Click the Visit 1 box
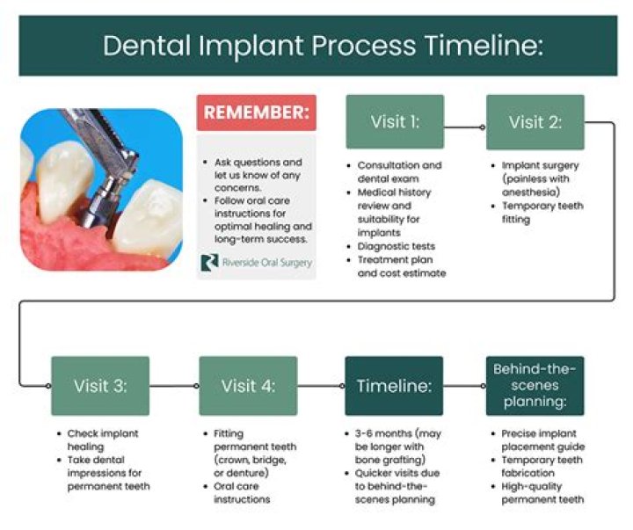tap(395, 122)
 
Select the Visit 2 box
tap(535, 122)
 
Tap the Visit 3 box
tap(100, 385)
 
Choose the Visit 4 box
tap(247, 385)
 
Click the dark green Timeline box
tap(393, 385)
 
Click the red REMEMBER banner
tap(256, 113)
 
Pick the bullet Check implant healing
tap(103, 439)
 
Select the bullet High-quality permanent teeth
tap(542, 492)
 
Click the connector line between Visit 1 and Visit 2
tap(465, 126)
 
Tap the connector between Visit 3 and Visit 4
tap(174, 385)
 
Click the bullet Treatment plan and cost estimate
tap(402, 266)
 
